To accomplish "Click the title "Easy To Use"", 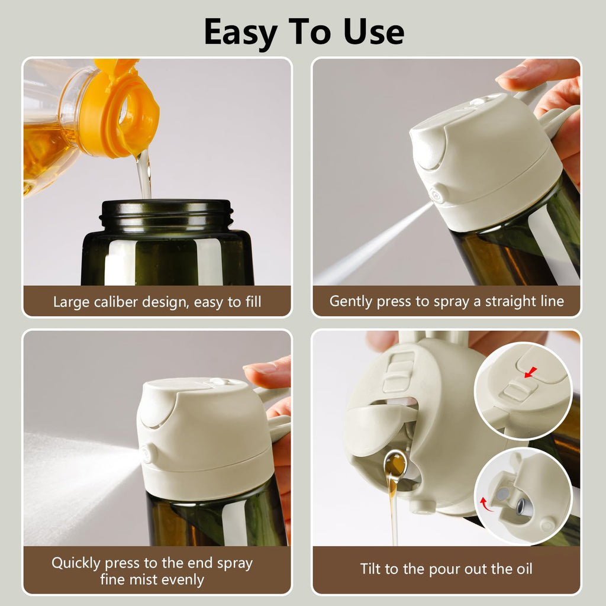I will click(304, 32).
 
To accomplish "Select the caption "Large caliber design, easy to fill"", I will click(157, 302).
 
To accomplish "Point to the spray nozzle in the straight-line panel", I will click(439, 194).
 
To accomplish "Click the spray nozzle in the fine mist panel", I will click(146, 454).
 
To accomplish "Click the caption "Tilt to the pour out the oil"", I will click(446, 569).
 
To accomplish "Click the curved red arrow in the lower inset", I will click(486, 505).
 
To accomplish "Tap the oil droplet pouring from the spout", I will click(395, 465).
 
